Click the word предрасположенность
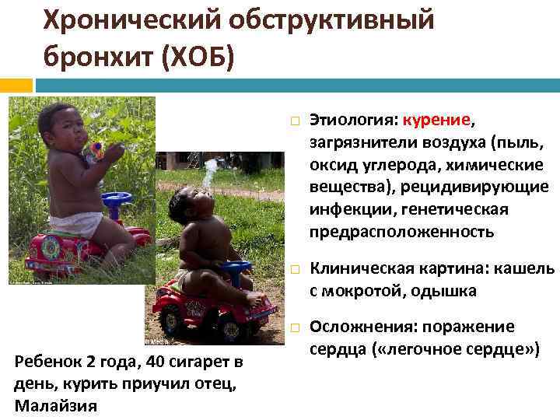(401, 232)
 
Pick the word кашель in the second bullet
(525, 269)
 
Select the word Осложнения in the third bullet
(358, 326)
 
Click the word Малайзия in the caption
(56, 405)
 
